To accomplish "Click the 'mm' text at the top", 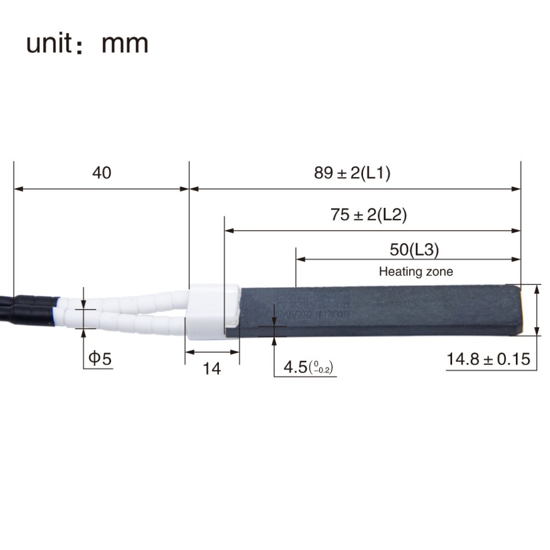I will click(124, 45).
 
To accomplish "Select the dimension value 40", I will click(102, 173).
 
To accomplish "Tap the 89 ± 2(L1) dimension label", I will click(352, 173).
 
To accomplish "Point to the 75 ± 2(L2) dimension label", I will click(368, 215).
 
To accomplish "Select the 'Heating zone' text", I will click(416, 271).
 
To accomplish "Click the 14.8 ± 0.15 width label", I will click(488, 359).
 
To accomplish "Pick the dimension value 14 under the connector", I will click(212, 368).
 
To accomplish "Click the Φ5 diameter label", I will click(99, 358).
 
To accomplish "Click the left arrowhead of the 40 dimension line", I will click(17, 188).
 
